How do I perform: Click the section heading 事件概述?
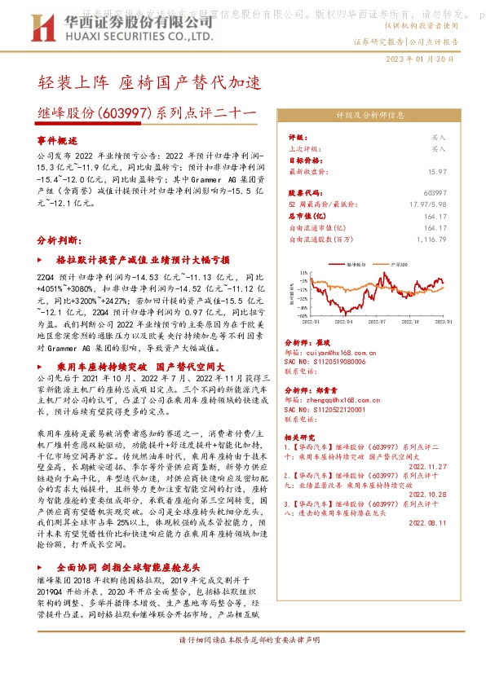[56, 140]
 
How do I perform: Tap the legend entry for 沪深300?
[399, 265]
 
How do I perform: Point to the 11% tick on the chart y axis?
[303, 273]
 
